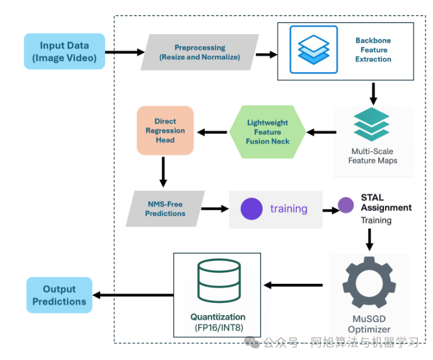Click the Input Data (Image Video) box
[x=65, y=51]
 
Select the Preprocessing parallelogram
[x=199, y=52]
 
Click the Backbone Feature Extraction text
[x=373, y=50]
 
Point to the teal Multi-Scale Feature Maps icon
[x=372, y=124]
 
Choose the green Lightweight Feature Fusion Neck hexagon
[x=267, y=132]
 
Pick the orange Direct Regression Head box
[x=165, y=130]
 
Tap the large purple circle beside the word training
[x=252, y=209]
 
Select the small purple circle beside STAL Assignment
[x=345, y=205]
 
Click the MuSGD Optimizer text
[x=369, y=324]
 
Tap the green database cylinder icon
[x=218, y=283]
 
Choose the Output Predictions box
[x=59, y=295]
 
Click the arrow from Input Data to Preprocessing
[x=124, y=52]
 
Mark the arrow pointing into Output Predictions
[x=133, y=295]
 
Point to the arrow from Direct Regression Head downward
[x=163, y=171]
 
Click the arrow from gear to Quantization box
[x=293, y=285]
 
